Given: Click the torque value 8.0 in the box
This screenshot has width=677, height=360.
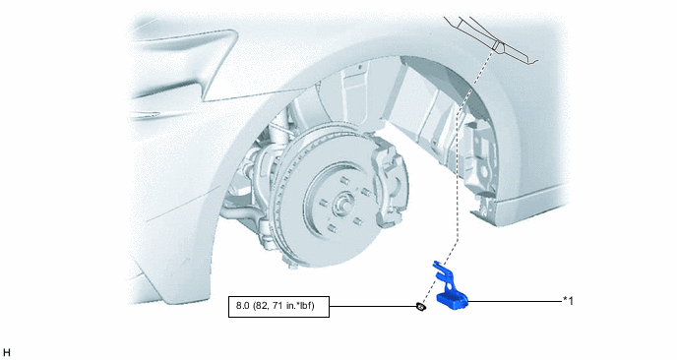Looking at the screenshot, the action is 243,306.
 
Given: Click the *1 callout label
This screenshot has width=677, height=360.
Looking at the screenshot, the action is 568,301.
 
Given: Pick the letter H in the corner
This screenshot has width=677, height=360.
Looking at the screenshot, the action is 7,353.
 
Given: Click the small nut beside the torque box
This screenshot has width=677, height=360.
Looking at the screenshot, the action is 420,307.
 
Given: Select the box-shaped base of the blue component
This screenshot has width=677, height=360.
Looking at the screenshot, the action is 452,301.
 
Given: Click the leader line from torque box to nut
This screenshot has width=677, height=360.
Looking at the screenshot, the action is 373,307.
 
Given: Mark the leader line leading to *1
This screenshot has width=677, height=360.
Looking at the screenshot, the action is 515,301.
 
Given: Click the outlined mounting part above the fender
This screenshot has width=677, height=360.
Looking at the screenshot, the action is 492,39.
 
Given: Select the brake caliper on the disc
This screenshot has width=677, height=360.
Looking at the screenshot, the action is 390,181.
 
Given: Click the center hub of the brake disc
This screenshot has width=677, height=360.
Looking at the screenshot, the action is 344,203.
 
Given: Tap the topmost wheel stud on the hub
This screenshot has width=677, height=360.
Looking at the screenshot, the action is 344,180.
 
